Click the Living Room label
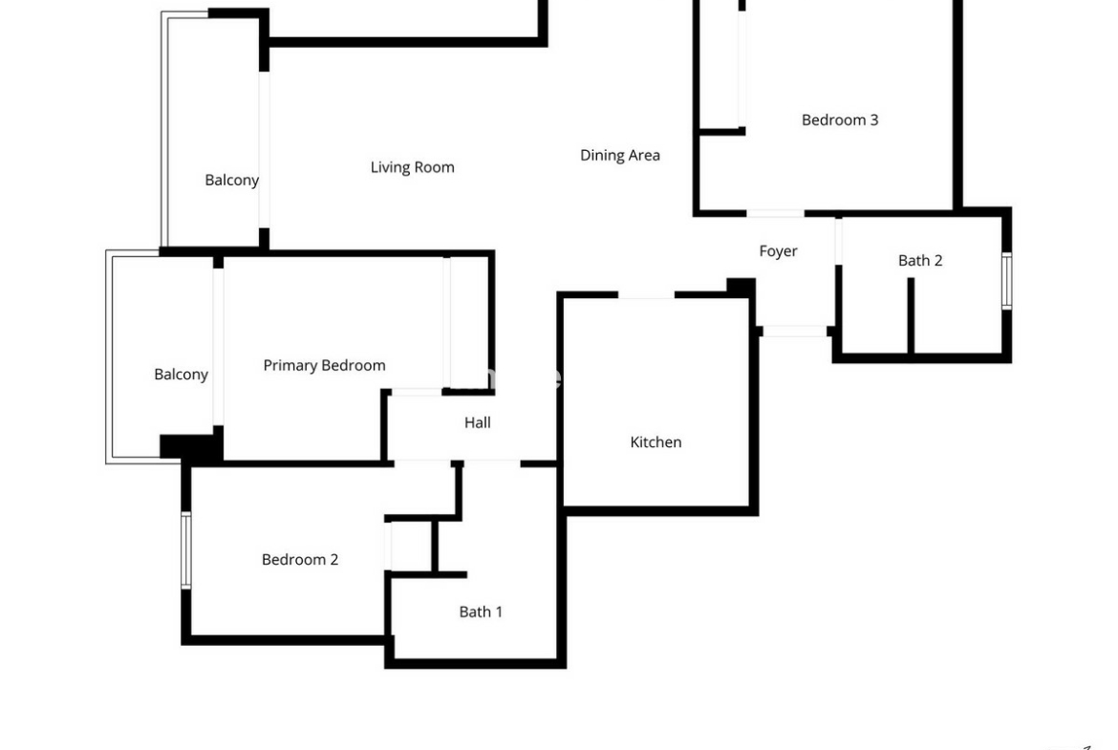412,167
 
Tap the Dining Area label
619,156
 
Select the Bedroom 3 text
840,119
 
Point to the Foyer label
778,251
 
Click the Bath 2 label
920,261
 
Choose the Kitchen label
656,442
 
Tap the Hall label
477,422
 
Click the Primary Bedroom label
325,366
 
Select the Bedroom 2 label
299,560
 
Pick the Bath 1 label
481,611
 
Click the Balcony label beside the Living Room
232,181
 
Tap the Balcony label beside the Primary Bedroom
182,375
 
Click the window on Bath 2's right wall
1007,281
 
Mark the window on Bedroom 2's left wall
186,550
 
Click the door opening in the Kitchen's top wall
646,294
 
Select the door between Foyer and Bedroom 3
775,213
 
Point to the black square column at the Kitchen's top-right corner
742,288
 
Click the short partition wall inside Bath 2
911,315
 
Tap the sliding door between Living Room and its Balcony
264,150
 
